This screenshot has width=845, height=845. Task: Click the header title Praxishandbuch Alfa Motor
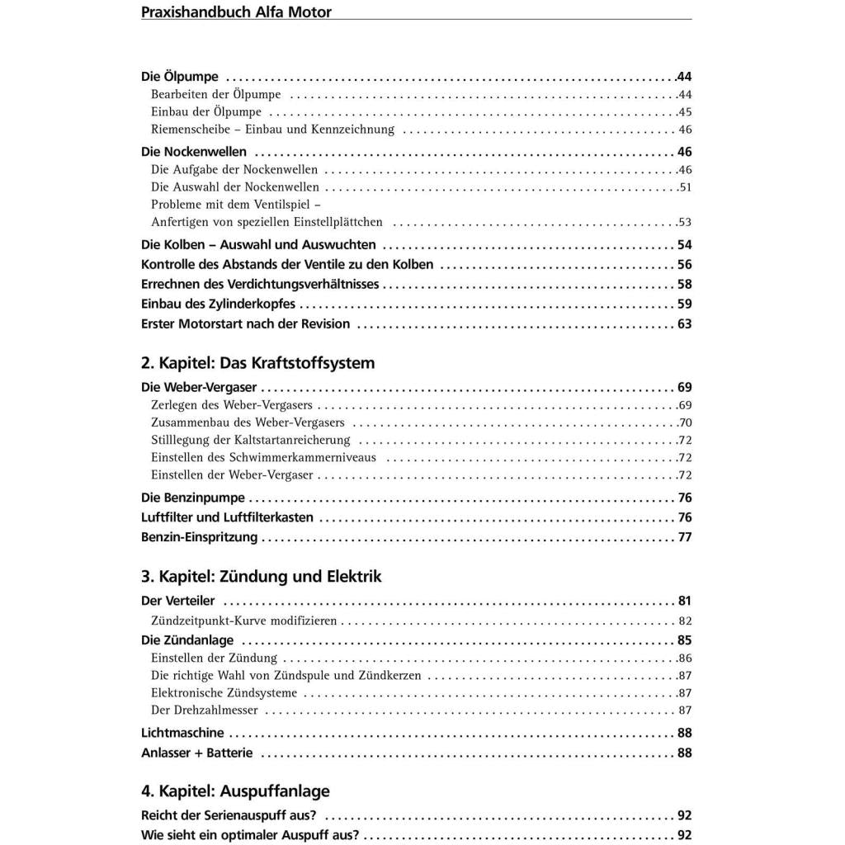236,12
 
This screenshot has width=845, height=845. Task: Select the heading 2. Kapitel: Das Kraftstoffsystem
257,363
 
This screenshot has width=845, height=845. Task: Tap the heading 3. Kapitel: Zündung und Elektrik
261,576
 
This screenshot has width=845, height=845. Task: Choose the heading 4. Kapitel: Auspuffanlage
235,791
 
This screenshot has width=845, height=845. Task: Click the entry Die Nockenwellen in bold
194,152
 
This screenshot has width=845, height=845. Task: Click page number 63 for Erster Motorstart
684,323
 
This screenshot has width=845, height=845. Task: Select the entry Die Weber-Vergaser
199,387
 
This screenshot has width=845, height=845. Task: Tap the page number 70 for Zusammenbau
684,422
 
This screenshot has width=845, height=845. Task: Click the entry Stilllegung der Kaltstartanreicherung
251,440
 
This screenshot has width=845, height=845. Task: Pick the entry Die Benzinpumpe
193,498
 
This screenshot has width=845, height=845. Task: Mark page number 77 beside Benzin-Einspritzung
684,537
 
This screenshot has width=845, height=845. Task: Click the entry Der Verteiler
178,601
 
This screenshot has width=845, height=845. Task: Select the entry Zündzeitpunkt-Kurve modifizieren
244,621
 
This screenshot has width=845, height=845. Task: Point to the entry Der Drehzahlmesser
205,710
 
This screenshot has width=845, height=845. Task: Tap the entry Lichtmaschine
182,733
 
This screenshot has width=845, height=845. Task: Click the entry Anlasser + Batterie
197,753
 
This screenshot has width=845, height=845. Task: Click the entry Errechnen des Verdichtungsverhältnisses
260,284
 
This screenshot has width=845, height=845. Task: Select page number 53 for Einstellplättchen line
684,222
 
